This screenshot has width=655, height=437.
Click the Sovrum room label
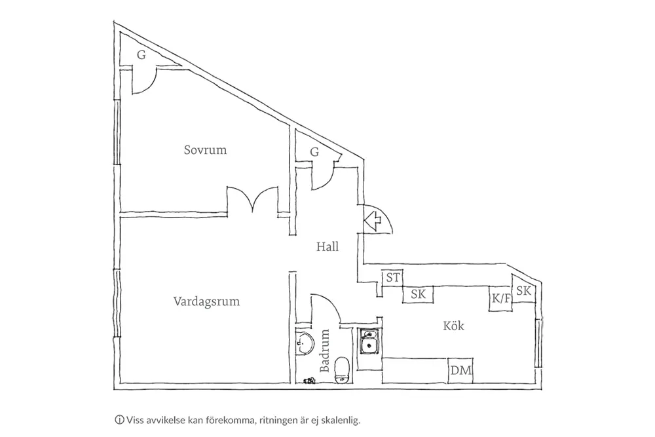click(x=205, y=150)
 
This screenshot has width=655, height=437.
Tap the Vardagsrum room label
click(x=206, y=302)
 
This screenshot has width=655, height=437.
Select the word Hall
click(x=327, y=247)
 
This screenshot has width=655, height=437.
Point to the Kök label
click(x=453, y=325)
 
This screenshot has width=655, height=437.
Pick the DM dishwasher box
click(x=461, y=371)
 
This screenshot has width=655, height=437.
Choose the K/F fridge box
click(x=500, y=299)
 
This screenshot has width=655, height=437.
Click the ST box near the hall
click(x=392, y=278)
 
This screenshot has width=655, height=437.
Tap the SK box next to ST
click(x=418, y=295)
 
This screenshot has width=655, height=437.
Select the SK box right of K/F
click(x=523, y=292)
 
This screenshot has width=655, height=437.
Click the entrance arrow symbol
click(x=373, y=219)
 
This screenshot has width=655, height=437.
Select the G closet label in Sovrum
click(x=141, y=55)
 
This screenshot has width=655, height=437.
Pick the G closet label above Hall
click(x=314, y=152)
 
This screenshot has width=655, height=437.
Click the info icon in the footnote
click(x=119, y=419)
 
